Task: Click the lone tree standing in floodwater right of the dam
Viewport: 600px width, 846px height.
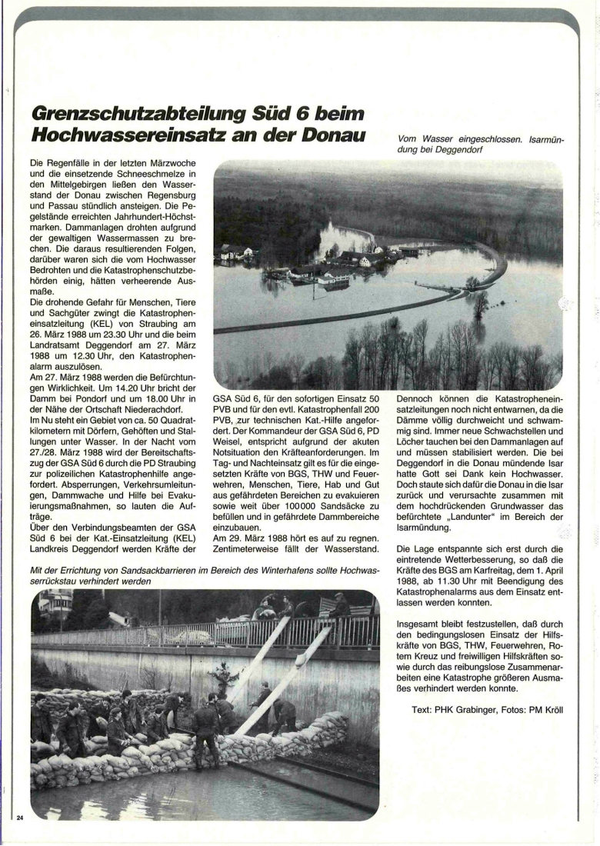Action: [481, 302]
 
